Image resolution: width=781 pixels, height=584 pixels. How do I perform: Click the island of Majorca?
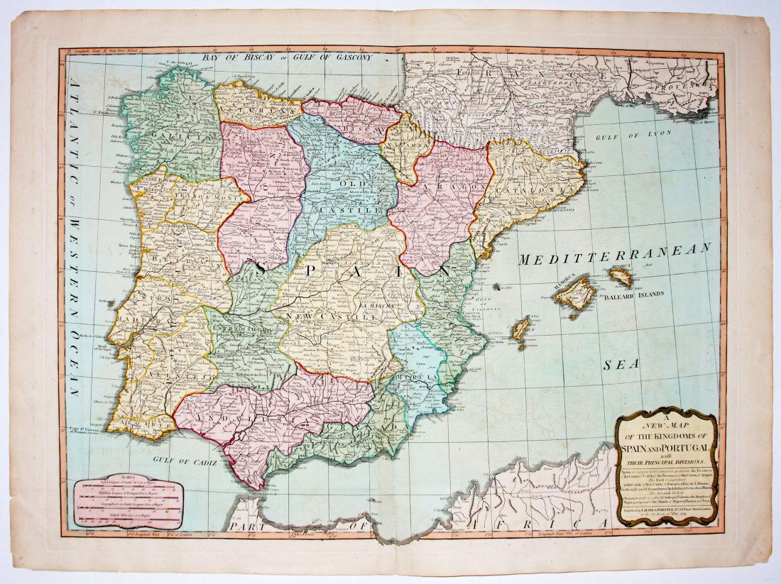pyautogui.click(x=577, y=294)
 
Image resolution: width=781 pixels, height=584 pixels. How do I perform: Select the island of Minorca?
pyautogui.click(x=623, y=277)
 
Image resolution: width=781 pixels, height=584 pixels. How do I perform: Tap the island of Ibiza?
pyautogui.click(x=522, y=330)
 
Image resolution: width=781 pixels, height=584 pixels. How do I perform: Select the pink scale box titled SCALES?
pyautogui.click(x=128, y=503)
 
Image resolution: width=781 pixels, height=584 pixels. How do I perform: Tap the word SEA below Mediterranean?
pyautogui.click(x=617, y=365)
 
